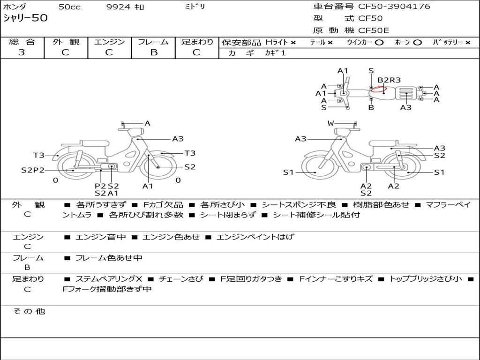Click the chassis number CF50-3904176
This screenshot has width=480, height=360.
pos(394,7)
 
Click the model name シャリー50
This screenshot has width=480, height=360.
pos(25,18)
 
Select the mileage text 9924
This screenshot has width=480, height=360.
pos(118,7)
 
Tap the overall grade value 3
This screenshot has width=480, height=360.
pos(22,52)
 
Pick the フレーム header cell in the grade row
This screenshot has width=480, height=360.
pos(153,42)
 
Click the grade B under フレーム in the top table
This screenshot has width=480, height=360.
pos(154,52)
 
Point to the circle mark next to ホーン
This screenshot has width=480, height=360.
pos(417,43)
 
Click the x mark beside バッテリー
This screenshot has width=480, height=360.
pos(468,43)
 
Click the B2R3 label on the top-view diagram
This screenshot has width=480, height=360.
pos(389,80)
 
